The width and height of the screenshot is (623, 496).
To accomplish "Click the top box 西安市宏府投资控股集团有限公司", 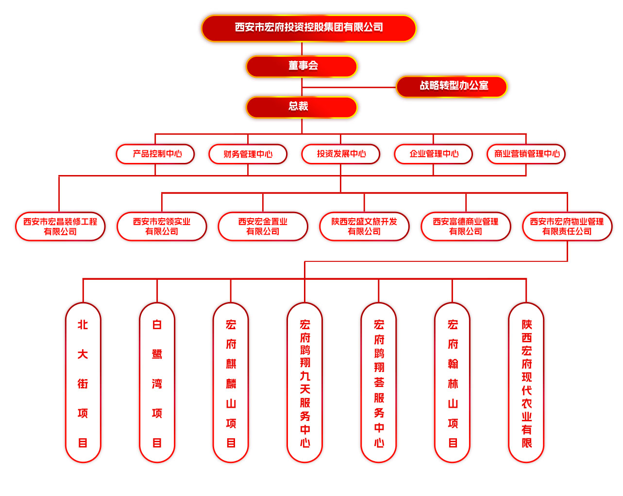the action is [309, 28].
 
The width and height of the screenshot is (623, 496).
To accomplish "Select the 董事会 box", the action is [302, 66].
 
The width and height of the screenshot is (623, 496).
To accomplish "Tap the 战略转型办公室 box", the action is [452, 86].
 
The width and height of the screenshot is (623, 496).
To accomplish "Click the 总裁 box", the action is [302, 107].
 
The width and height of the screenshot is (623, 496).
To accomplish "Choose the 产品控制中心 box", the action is [155, 154].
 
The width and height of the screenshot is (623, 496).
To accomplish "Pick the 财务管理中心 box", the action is [248, 154].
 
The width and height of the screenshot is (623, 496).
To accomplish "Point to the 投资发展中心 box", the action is [340, 154].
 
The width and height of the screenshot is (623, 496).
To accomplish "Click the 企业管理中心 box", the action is [433, 154].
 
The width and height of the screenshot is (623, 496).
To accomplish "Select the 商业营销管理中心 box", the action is [526, 154].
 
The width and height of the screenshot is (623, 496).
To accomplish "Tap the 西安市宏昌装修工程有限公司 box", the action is [60, 226].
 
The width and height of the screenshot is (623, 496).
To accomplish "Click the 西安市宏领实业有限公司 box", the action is [162, 226].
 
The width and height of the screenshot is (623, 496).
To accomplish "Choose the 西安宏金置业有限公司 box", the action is [263, 226].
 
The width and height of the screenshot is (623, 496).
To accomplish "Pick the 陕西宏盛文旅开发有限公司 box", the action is [364, 226].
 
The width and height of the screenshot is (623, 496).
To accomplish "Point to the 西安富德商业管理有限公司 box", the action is [466, 226].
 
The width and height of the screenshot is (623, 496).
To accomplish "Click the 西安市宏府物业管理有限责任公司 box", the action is [567, 226].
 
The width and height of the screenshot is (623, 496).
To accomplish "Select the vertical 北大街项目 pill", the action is [83, 383].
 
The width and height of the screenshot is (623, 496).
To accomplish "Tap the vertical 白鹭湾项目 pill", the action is [157, 383].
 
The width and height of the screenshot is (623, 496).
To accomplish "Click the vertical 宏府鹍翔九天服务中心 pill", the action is [304, 383].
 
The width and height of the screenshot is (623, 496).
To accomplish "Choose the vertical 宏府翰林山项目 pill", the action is [452, 383].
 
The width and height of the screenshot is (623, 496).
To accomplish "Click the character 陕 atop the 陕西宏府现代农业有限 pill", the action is [526, 324].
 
